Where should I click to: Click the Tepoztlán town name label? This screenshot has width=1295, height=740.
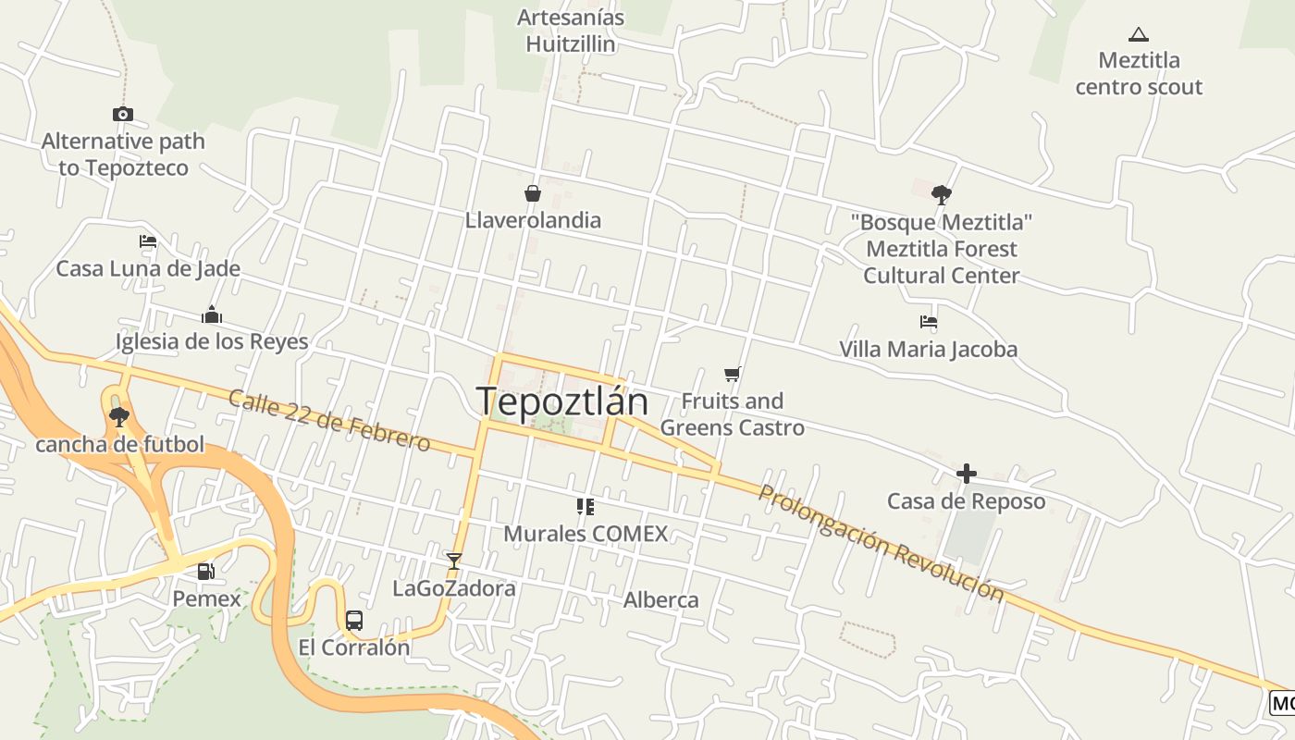[561, 401]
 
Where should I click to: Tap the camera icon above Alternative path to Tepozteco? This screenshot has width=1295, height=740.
[123, 114]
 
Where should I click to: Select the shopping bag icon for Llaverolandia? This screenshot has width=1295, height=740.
[533, 193]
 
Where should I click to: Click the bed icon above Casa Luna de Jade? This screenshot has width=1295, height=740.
[148, 241]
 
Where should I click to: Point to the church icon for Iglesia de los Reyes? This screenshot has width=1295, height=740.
[212, 314]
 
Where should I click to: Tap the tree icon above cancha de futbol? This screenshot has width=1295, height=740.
[118, 417]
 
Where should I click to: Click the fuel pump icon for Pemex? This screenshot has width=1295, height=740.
[206, 572]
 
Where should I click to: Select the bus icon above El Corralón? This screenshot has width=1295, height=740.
[354, 620]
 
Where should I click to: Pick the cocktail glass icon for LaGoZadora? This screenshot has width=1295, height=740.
[453, 561]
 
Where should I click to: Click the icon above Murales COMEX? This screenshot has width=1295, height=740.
[585, 507]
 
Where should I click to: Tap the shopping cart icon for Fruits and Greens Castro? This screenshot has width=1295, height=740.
[733, 374]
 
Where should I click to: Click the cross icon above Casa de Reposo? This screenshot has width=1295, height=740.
[967, 475]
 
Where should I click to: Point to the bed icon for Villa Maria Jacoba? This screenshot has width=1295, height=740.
[929, 322]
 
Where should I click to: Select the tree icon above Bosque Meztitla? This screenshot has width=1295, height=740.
[942, 194]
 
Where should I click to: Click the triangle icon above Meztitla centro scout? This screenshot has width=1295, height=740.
[1139, 35]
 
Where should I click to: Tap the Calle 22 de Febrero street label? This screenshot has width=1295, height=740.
[329, 421]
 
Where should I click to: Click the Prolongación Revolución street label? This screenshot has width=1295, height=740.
[881, 543]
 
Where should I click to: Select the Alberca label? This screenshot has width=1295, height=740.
[661, 599]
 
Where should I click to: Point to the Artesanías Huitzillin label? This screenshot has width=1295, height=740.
[571, 31]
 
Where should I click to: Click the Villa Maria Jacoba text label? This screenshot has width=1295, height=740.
[928, 350]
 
